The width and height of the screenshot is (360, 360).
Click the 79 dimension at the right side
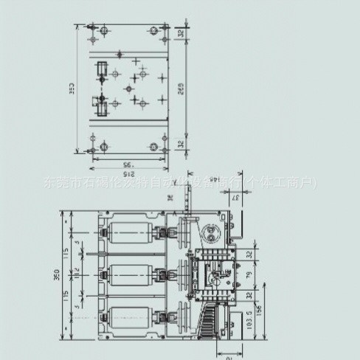pyautogui.click(x=248, y=277)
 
